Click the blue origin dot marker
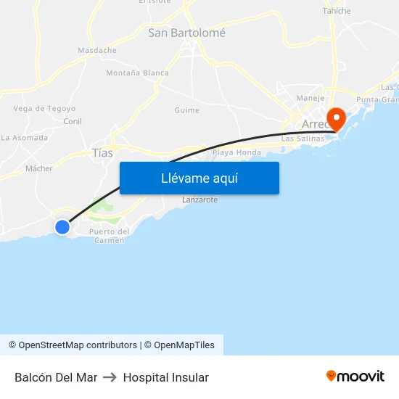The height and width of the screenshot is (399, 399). [62, 227]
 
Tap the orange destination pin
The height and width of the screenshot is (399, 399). [337, 118]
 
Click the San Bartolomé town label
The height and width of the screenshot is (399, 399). [186, 33]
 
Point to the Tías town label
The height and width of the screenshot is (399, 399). [103, 153]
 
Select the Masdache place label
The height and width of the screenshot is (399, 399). [97, 51]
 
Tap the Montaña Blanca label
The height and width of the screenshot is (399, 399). [137, 73]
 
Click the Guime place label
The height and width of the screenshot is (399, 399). [186, 110]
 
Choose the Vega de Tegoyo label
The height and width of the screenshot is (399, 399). [44, 109]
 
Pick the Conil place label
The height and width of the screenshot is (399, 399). [73, 121]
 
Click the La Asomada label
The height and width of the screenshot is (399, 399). [25, 138]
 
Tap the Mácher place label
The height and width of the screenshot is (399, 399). [39, 168]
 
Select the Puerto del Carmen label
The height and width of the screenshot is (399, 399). [109, 236]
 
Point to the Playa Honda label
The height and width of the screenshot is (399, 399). [236, 153]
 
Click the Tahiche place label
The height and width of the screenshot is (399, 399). [337, 11]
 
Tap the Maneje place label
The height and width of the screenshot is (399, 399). [310, 98]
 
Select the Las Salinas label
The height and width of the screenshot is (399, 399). [297, 138]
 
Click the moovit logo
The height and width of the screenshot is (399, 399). [355, 377]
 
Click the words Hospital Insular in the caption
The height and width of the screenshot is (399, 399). [166, 377]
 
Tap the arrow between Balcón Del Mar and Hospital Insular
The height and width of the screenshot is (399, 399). [110, 377]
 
